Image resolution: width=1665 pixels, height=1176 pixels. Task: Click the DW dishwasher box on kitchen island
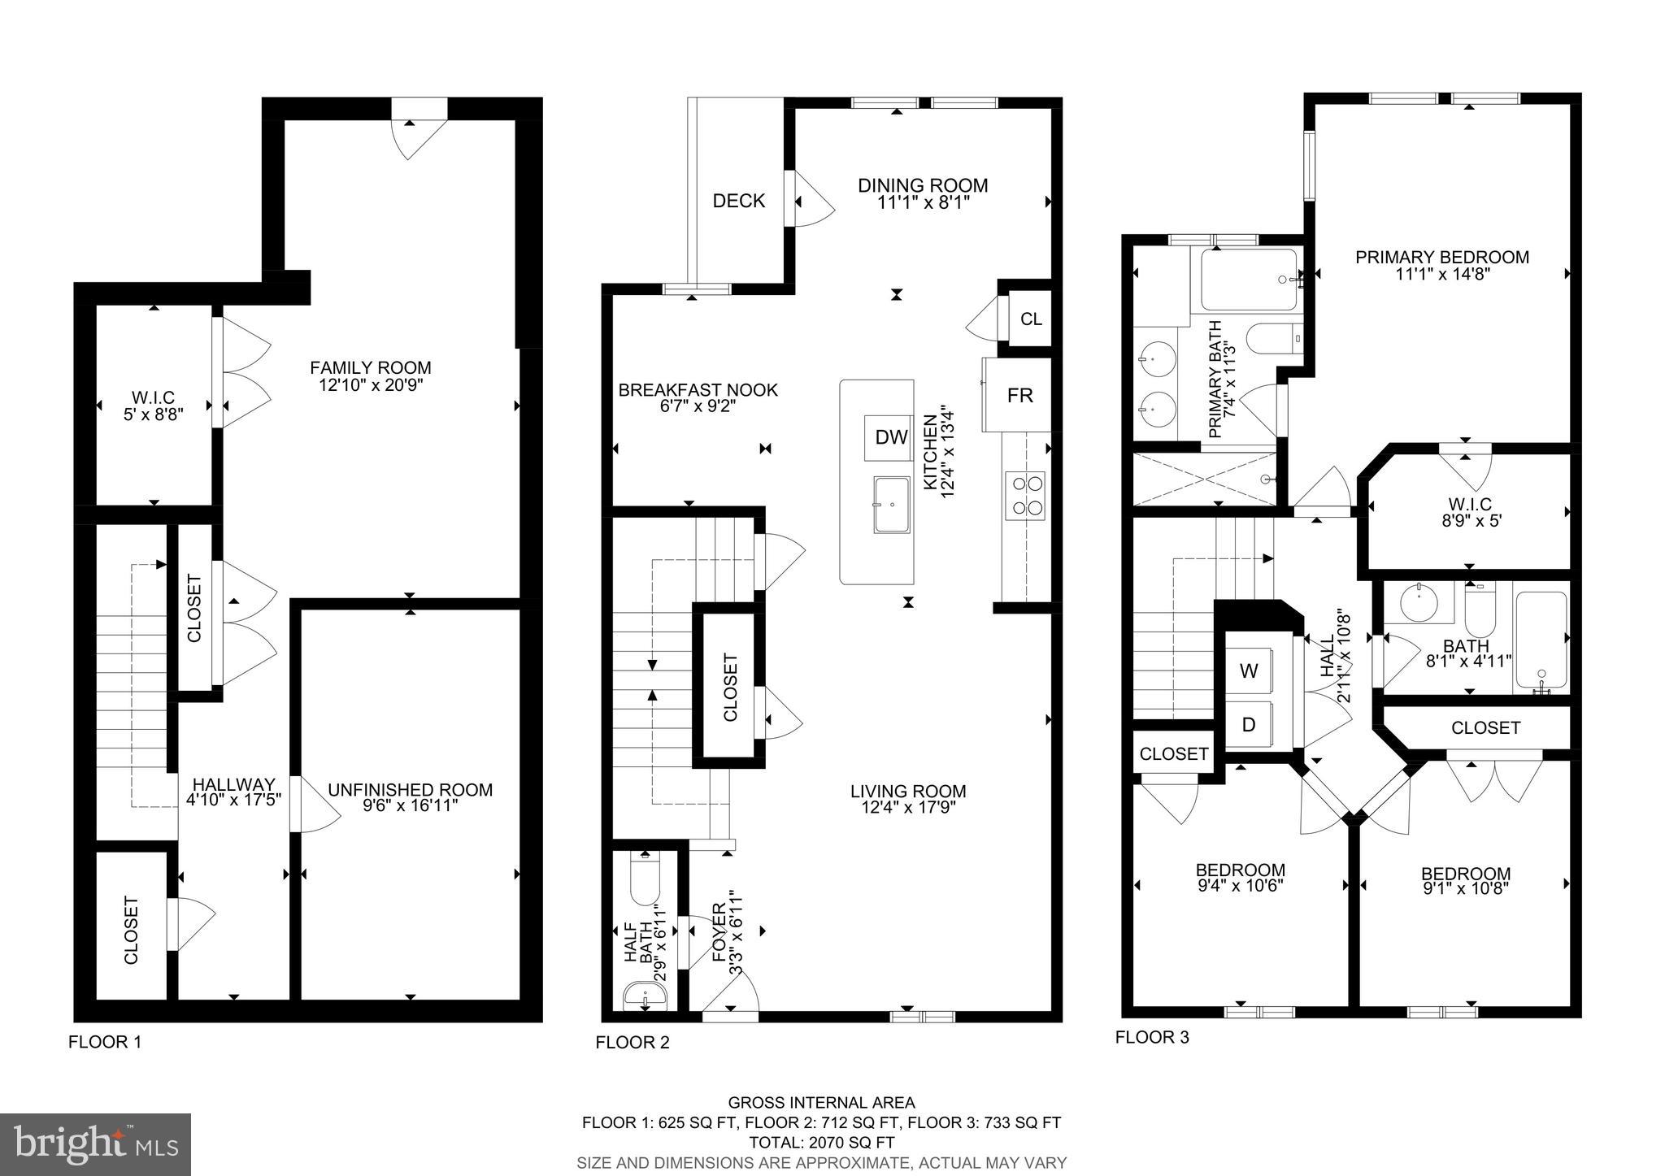pyautogui.click(x=891, y=438)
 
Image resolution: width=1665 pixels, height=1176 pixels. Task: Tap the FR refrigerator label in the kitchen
pyautogui.click(x=1019, y=396)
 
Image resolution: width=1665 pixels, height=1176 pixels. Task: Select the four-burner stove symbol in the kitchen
pyautogui.click(x=1025, y=495)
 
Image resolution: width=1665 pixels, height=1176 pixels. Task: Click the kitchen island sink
pyautogui.click(x=892, y=505)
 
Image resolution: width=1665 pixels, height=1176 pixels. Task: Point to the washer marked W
pyautogui.click(x=1249, y=671)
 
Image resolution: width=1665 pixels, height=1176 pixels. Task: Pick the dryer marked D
pyautogui.click(x=1249, y=724)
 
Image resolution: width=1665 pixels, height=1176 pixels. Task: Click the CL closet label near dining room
pyautogui.click(x=1031, y=319)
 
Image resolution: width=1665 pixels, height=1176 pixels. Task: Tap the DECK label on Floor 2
pyautogui.click(x=738, y=201)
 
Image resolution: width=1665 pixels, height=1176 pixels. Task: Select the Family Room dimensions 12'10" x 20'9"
pyautogui.click(x=371, y=384)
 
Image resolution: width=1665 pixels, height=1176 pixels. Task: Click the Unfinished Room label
pyautogui.click(x=410, y=790)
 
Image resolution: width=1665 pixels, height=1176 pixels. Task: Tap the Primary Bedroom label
pyautogui.click(x=1441, y=258)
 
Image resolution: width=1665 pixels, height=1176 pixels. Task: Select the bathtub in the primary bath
pyautogui.click(x=1248, y=280)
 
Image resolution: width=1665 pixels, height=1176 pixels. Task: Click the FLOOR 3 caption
pyautogui.click(x=1151, y=1038)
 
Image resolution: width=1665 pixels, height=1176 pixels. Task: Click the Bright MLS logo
pyautogui.click(x=96, y=1144)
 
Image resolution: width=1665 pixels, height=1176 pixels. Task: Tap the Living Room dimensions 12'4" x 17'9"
pyautogui.click(x=908, y=808)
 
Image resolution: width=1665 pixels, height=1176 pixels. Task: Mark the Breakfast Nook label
pyautogui.click(x=698, y=390)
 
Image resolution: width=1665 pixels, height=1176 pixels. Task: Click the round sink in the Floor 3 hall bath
pyautogui.click(x=1419, y=602)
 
